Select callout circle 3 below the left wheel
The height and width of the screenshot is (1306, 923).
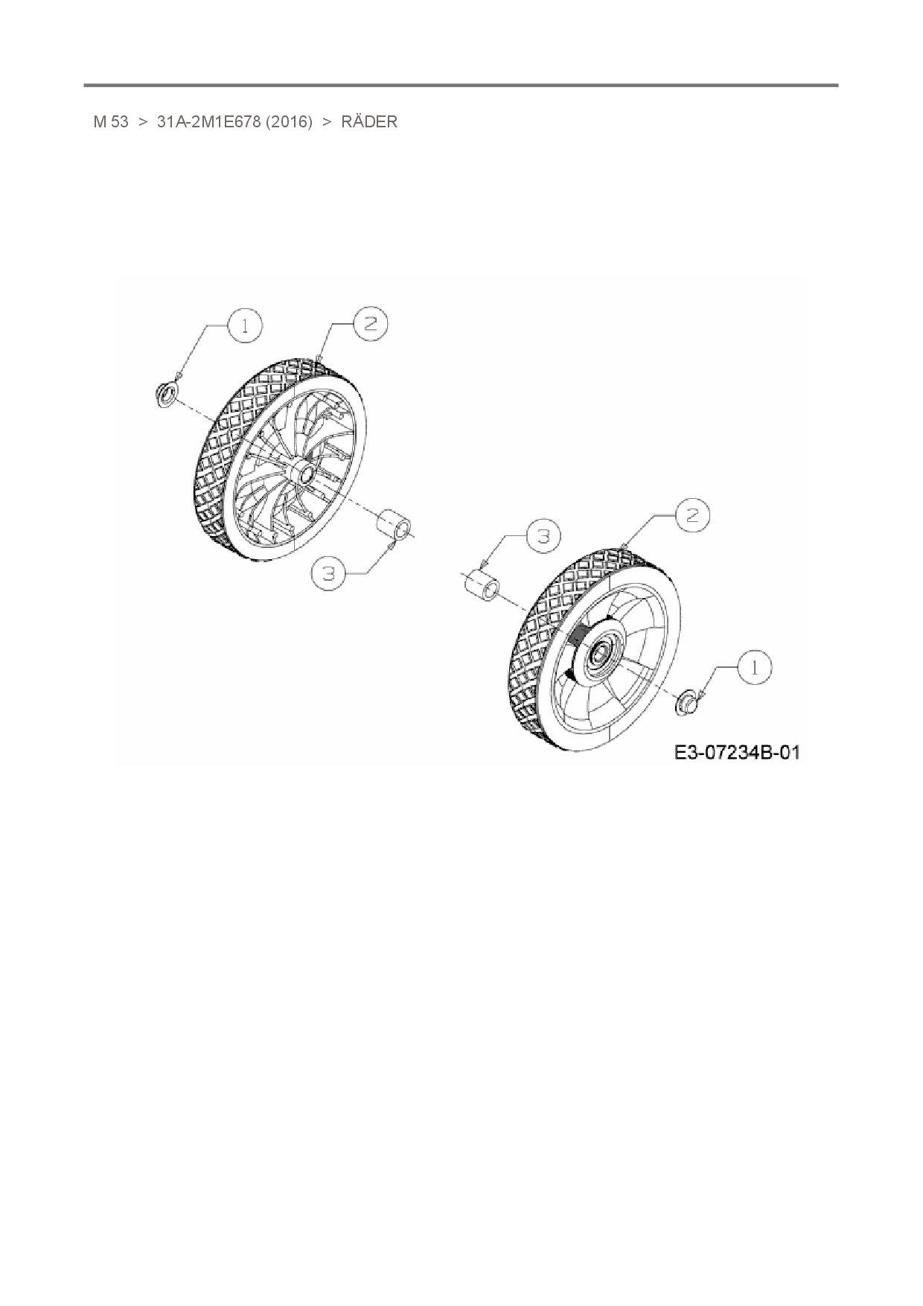click(331, 573)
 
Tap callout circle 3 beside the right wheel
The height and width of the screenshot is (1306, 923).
click(543, 536)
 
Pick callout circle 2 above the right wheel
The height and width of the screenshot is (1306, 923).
click(692, 515)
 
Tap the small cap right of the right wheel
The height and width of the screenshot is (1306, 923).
click(686, 701)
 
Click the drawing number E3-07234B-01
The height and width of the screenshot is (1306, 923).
click(737, 753)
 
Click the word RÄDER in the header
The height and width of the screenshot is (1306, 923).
click(369, 122)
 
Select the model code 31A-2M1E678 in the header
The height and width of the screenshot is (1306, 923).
click(209, 122)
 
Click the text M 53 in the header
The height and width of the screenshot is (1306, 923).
click(111, 122)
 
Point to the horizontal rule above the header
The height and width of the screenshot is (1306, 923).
click(461, 86)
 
